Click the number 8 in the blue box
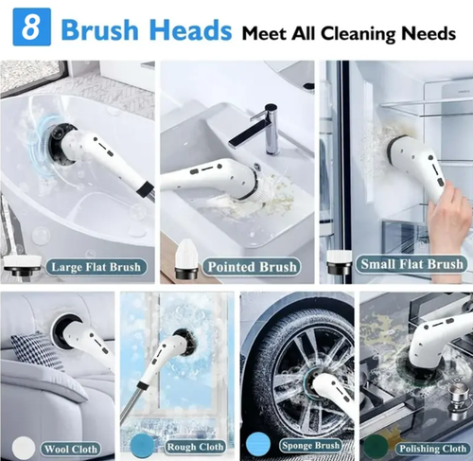31,28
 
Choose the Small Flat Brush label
411,264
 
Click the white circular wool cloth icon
21,444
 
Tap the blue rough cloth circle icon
144,443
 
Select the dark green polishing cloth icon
376,444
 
